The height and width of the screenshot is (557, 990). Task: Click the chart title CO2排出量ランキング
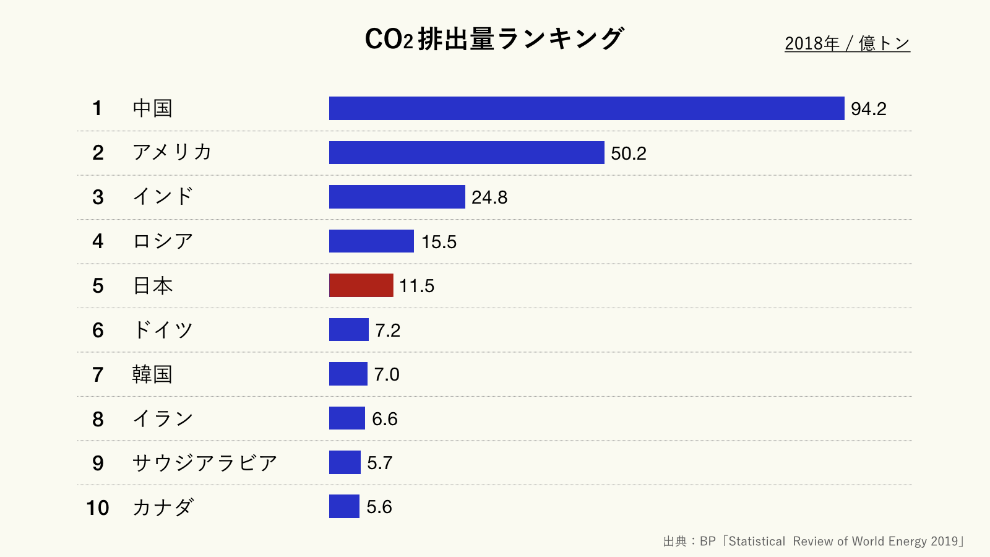tap(494, 39)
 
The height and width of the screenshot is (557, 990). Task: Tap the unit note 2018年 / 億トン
tap(847, 43)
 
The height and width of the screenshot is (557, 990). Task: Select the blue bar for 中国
tap(587, 108)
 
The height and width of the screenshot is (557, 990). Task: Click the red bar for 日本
tap(361, 285)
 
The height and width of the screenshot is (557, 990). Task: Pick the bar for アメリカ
tap(467, 152)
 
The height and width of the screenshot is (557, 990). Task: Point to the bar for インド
tap(397, 197)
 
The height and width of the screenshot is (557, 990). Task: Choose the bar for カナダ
tap(344, 506)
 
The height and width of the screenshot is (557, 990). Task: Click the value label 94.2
tap(868, 109)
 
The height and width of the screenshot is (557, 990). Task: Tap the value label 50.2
tap(628, 153)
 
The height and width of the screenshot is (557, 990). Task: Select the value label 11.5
tap(416, 286)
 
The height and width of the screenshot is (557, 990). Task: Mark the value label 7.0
tap(387, 374)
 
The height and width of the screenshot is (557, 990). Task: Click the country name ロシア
tap(163, 241)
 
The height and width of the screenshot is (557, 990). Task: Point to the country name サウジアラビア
tap(205, 463)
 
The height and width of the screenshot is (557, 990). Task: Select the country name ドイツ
tap(163, 330)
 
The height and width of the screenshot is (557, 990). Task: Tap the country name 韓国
tap(152, 374)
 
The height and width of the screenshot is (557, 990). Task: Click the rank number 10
tap(98, 507)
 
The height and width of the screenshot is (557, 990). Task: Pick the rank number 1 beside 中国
tap(97, 108)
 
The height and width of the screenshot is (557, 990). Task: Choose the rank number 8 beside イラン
tap(98, 419)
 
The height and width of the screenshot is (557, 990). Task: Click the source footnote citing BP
tap(813, 542)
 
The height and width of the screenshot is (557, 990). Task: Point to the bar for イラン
tap(346, 418)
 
